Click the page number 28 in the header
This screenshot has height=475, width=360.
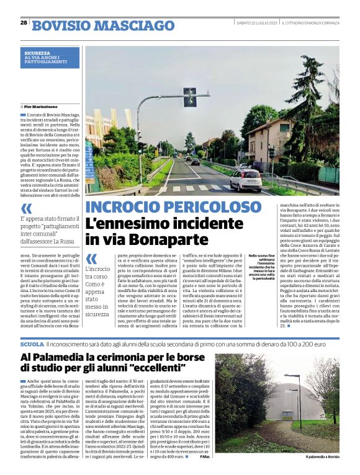(x=24, y=22)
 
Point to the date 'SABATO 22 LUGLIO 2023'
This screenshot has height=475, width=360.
(x=256, y=23)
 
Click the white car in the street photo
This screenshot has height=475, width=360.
(x=246, y=180)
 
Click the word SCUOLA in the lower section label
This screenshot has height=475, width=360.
(x=32, y=343)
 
